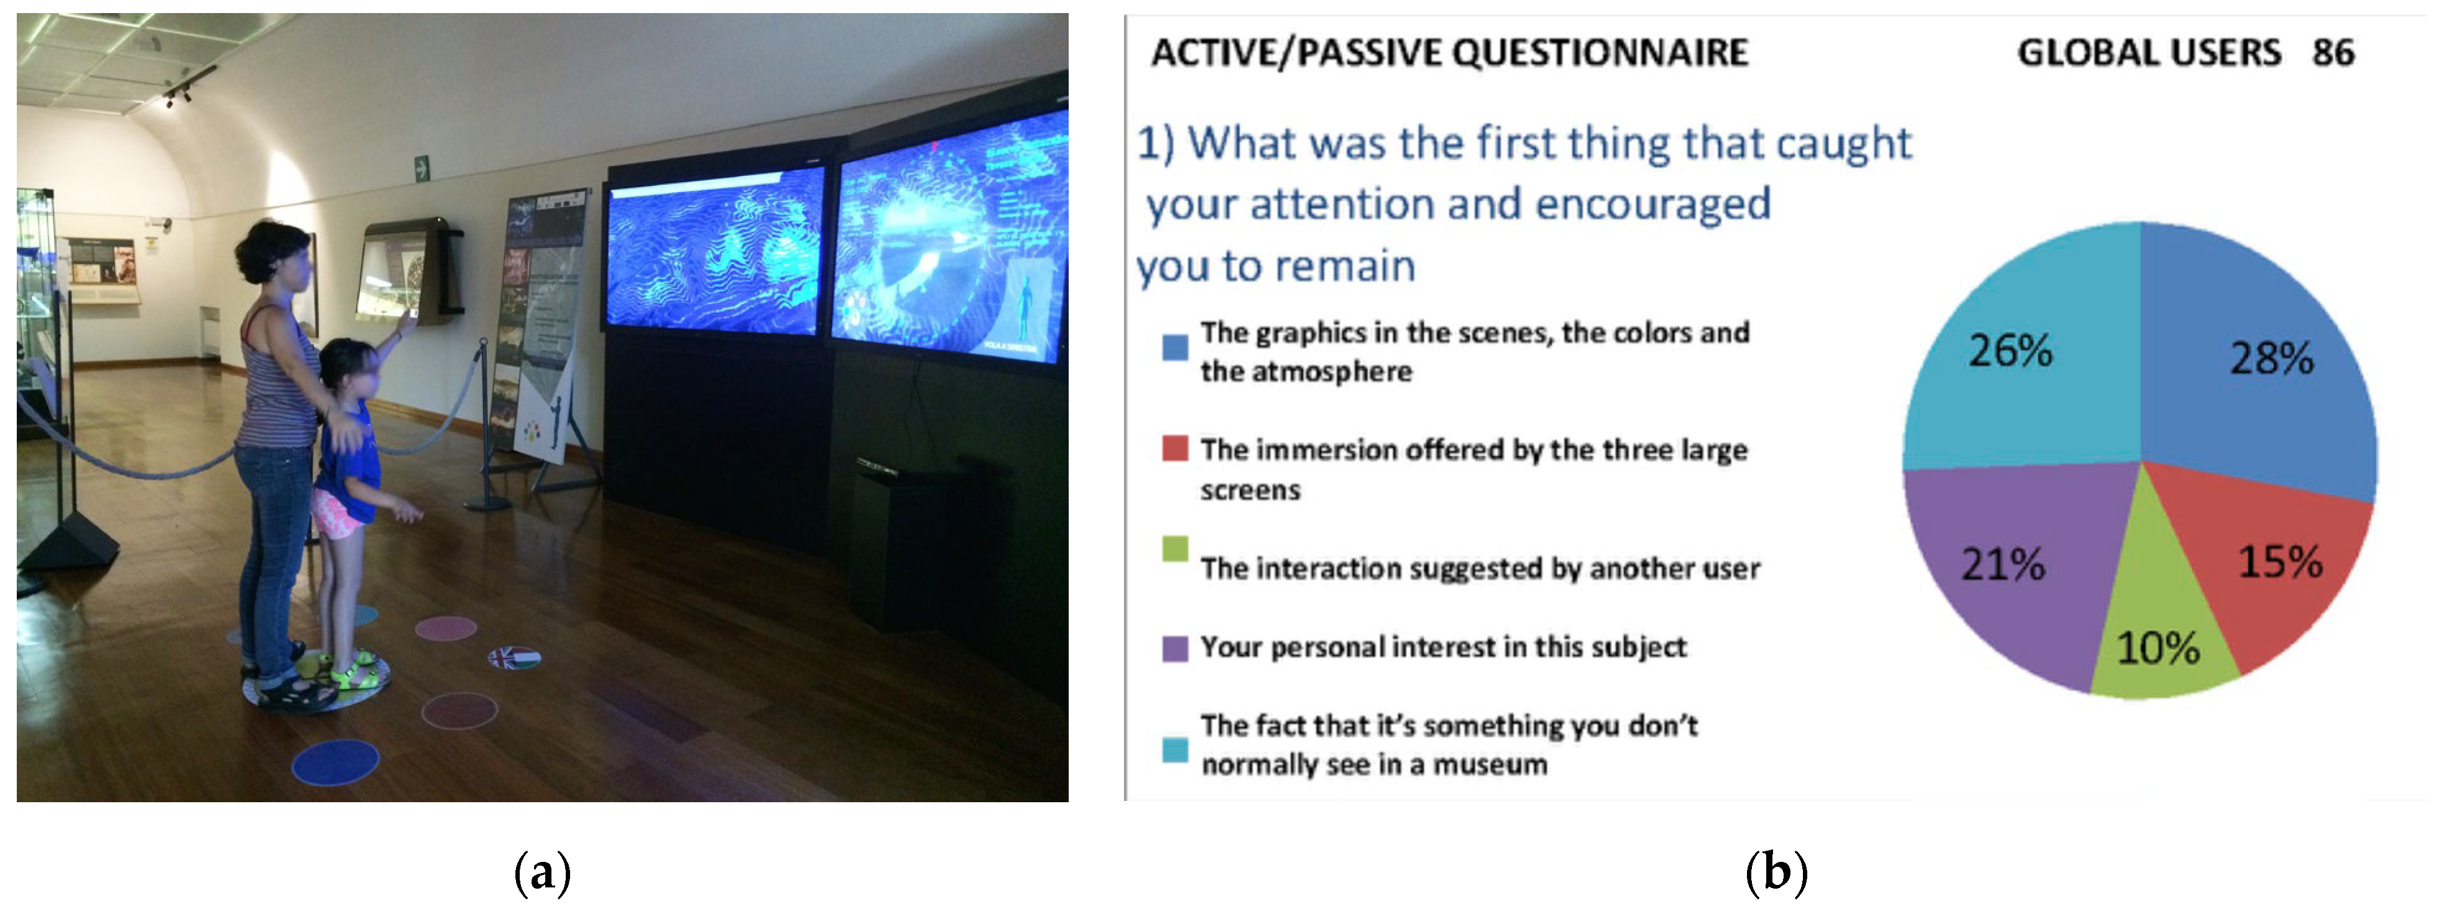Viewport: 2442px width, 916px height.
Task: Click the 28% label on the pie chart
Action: click(x=2272, y=358)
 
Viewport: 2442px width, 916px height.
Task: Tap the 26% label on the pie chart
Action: click(x=2011, y=351)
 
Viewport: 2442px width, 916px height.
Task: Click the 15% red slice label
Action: click(x=2280, y=562)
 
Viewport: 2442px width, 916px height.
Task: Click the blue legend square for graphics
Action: click(x=1174, y=347)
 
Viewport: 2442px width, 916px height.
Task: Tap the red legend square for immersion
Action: click(x=1174, y=448)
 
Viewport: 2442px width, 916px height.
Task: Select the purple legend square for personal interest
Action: click(x=1174, y=649)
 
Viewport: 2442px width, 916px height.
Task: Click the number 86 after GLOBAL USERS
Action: click(x=2333, y=53)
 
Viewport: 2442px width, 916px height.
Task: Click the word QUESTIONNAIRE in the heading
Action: click(x=1600, y=53)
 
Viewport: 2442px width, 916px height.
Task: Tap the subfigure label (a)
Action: click(x=541, y=871)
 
